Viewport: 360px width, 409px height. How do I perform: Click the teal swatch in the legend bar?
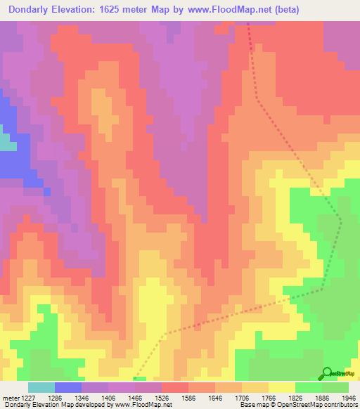pyautogui.click(x=41, y=387)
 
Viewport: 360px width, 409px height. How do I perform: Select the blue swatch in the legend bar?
pyautogui.click(x=68, y=387)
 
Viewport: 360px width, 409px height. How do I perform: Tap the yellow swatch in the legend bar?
pyautogui.click(x=282, y=387)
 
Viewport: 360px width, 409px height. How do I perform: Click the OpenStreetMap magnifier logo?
pyautogui.click(x=327, y=373)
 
